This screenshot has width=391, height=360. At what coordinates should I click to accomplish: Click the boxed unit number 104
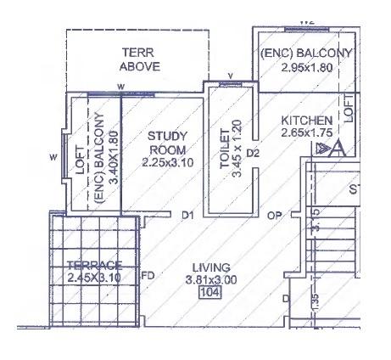click(209, 293)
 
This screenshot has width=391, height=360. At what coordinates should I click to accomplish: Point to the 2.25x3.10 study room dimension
click(167, 162)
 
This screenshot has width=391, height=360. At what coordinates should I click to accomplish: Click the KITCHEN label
click(306, 121)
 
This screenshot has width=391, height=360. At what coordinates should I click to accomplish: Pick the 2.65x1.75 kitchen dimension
click(306, 133)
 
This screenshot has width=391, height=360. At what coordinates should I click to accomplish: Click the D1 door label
click(188, 216)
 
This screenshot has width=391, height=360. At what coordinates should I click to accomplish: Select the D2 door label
click(252, 154)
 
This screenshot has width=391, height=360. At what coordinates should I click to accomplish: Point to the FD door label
click(148, 275)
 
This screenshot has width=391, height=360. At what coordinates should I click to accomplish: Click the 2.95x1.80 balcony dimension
click(305, 66)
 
